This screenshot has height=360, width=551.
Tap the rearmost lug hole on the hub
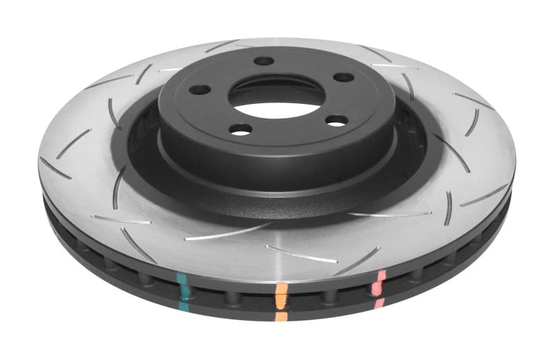pyautogui.click(x=264, y=61)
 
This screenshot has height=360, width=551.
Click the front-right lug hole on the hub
pyautogui.click(x=336, y=121)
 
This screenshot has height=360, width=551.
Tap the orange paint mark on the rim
pyautogui.click(x=280, y=295)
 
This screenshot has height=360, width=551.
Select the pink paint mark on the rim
pyautogui.click(x=377, y=283)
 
